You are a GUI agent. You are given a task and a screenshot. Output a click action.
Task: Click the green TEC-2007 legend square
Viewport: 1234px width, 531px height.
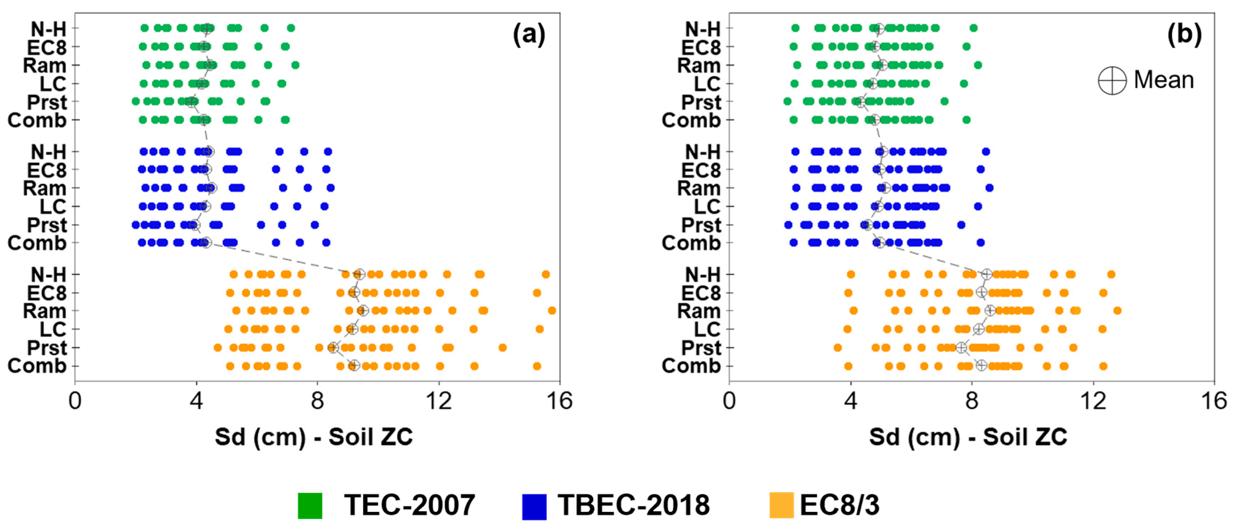tap(310, 506)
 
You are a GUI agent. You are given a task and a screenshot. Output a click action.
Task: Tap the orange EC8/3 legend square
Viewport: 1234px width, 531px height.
tap(781, 506)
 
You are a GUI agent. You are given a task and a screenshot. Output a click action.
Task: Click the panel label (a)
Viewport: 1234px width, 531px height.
tap(529, 35)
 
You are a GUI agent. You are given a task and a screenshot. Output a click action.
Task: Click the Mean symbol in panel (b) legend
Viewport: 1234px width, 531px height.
tap(1112, 80)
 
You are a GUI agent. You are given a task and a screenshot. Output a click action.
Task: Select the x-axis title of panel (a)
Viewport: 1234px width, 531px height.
tap(314, 437)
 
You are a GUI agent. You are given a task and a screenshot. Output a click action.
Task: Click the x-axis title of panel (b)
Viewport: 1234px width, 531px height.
tap(968, 437)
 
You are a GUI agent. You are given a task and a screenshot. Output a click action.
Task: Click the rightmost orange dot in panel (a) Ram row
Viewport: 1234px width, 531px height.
tap(552, 311)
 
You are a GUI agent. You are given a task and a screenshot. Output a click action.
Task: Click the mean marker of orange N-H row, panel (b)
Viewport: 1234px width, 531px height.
tap(986, 274)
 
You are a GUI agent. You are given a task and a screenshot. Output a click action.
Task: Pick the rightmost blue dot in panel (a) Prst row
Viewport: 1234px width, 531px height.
tap(315, 225)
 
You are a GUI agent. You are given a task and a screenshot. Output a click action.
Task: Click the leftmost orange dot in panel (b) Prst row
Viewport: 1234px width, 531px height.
tap(837, 348)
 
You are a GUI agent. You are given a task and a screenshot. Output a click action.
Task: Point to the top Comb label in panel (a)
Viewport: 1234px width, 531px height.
tap(37, 120)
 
